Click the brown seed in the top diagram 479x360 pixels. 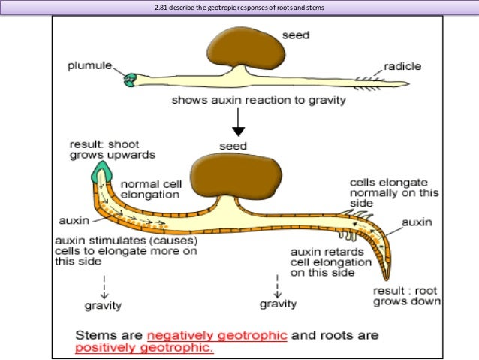click(x=246, y=51)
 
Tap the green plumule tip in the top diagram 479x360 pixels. click(x=132, y=77)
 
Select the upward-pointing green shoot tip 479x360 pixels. click(x=98, y=175)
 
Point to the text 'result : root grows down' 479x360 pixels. click(x=406, y=295)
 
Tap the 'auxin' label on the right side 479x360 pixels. click(x=417, y=223)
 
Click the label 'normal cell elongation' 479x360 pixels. click(x=150, y=188)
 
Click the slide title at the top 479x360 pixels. click(x=239, y=8)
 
